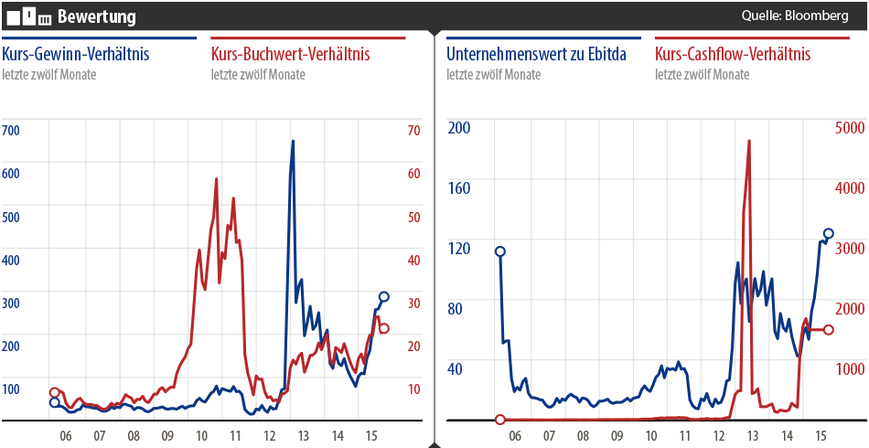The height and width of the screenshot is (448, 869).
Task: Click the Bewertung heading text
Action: pos(96,16)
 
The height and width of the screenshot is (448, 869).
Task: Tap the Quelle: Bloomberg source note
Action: pos(795,16)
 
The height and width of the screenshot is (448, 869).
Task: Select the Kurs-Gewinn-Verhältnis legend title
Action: pos(76,54)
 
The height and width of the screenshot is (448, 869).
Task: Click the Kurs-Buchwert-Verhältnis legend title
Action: pos(290,54)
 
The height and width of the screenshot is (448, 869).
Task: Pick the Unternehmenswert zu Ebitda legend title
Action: pos(536,54)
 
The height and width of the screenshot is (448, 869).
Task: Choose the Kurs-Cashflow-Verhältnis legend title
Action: pos(733,54)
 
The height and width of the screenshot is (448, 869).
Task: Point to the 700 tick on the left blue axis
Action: pos(11,131)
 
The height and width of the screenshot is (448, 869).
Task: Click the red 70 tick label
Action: pos(413,131)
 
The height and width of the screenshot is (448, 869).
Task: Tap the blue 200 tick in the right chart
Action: pos(458,127)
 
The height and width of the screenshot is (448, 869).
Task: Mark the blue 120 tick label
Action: pos(458,248)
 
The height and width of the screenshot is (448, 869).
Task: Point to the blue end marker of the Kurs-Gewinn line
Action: pos(384,297)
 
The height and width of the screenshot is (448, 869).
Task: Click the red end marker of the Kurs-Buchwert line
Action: pos(384,328)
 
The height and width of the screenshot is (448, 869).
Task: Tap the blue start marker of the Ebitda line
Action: pos(500,251)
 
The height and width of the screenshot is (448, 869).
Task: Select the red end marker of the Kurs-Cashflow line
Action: pos(829,329)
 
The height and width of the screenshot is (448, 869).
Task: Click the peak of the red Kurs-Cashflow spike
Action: pos(749,141)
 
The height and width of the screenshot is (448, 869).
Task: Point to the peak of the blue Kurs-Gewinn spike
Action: pos(293,141)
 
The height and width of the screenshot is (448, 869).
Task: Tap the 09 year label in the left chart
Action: pos(167,437)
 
